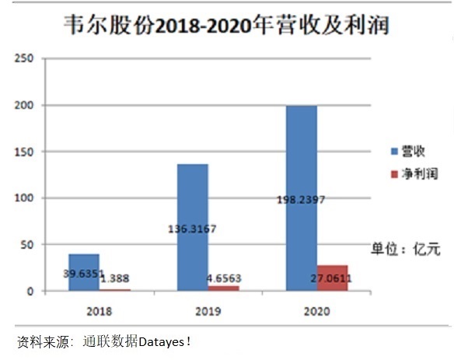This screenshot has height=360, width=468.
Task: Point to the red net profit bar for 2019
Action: (x=224, y=288)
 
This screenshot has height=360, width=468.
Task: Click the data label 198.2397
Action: (x=301, y=200)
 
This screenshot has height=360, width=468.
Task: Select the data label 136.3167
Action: (x=193, y=229)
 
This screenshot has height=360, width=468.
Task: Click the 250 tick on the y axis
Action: (x=26, y=58)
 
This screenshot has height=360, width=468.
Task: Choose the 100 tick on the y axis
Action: (x=26, y=198)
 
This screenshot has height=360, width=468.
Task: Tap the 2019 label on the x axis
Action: (x=208, y=312)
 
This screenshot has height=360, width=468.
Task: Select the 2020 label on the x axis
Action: (x=316, y=312)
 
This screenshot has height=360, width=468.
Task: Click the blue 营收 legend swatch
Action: (x=394, y=149)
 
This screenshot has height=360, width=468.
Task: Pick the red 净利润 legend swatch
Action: (x=394, y=173)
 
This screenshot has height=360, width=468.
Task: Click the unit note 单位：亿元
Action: (x=405, y=249)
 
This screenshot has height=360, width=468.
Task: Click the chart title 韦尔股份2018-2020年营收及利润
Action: (x=226, y=25)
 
